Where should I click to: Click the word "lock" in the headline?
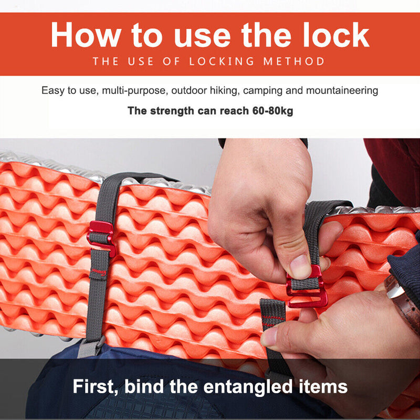pyautogui.click(x=336, y=35)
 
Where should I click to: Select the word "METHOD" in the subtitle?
pyautogui.click(x=294, y=61)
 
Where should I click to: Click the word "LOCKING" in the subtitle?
pyautogui.click(x=222, y=61)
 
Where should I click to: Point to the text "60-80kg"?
pyautogui.click(x=272, y=111)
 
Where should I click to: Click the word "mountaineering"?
pyautogui.click(x=342, y=91)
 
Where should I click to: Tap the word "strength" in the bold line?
pyautogui.click(x=172, y=111)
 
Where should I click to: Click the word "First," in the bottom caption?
pyautogui.click(x=96, y=386)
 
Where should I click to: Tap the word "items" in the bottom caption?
pyautogui.click(x=323, y=386)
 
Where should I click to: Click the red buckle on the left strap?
pyautogui.click(x=101, y=238)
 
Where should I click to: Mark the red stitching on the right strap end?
pyautogui.click(x=273, y=320)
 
